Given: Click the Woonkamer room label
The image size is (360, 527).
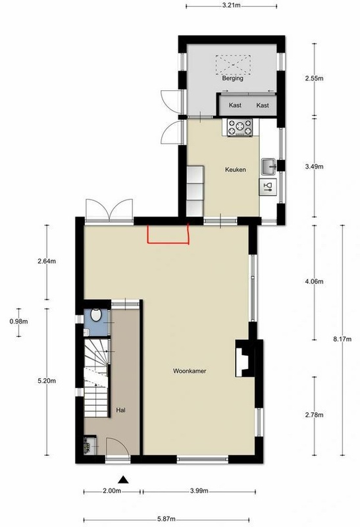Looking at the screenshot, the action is click(x=190, y=371).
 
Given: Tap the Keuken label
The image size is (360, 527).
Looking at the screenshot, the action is click(x=236, y=170).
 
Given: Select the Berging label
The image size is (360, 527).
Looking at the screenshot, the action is click(x=232, y=78).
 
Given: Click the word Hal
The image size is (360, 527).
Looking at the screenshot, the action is click(x=121, y=410).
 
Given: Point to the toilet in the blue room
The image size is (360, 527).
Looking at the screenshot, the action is click(x=96, y=315).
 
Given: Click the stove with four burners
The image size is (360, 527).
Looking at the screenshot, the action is click(x=240, y=127).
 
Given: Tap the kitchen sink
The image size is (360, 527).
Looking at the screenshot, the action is click(x=269, y=167).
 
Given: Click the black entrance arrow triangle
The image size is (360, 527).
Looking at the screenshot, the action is click(x=124, y=480).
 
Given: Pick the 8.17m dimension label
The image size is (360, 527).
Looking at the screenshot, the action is click(x=342, y=339).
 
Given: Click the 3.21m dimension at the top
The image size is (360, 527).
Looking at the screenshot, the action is click(x=232, y=6).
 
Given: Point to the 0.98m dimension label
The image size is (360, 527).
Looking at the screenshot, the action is click(x=19, y=321).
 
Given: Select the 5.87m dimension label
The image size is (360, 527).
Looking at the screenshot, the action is click(x=167, y=519).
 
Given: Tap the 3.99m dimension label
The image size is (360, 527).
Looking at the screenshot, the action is click(x=199, y=491).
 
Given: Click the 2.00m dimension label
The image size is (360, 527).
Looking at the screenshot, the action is click(x=112, y=491).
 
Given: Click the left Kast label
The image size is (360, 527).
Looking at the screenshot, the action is click(x=235, y=105).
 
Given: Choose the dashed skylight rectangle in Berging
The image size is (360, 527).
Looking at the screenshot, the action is click(x=233, y=65).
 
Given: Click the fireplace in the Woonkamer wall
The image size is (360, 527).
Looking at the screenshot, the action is click(x=245, y=358).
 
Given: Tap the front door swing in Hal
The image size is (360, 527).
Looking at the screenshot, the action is click(x=117, y=447).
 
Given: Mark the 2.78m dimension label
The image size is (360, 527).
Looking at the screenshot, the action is click(x=315, y=415).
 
